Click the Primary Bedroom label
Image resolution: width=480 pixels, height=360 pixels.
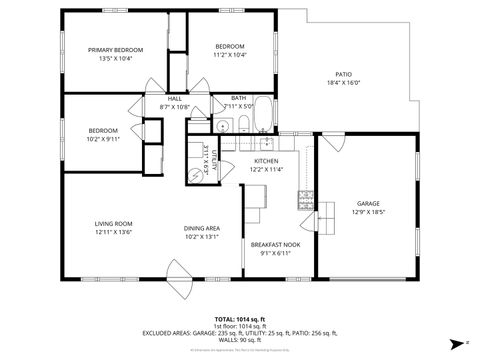pos(115,50)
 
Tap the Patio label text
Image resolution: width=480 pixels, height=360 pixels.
pos(343,74)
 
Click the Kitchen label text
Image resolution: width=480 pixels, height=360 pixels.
pos(265,161)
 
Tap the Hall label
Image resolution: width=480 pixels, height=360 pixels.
pos(175,98)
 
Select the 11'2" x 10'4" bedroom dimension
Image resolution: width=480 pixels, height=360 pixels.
pos(230,55)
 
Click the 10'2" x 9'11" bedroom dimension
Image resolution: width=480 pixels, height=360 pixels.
pos(103,140)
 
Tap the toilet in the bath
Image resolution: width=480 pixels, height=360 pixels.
pos(243,123)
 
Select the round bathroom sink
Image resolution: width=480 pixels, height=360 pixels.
pos(226,125)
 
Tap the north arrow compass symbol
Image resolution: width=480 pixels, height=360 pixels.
pos(455,341)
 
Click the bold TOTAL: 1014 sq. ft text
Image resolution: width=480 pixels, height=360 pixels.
pos(239,316)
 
